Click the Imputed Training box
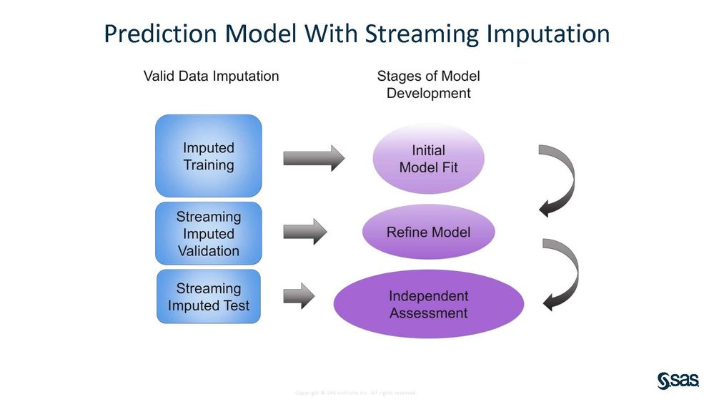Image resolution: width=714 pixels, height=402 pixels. pos(209,156)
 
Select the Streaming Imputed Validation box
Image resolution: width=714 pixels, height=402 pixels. pos(209,233)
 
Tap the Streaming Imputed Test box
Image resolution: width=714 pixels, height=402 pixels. pos(209,297)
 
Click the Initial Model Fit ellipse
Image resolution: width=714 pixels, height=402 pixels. pos(428,159)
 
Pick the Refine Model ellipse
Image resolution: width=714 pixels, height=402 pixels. pos(428,232)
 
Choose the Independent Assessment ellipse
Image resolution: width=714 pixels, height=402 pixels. pos(428,304)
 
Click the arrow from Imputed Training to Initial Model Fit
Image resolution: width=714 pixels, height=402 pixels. pos(313,157)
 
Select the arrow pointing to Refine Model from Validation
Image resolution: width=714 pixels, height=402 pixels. pos(304,231)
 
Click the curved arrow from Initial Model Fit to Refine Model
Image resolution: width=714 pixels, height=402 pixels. pos(560,179)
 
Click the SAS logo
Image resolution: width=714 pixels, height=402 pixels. pos(677,381)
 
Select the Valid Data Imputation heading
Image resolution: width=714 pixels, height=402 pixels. pos(212,76)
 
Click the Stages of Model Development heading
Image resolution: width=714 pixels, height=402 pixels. pos(428,84)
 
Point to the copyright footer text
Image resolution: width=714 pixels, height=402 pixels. pos(355,393)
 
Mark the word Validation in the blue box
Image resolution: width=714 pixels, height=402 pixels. pos(209,251)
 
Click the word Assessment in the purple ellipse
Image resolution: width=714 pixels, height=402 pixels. pos(428,313)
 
